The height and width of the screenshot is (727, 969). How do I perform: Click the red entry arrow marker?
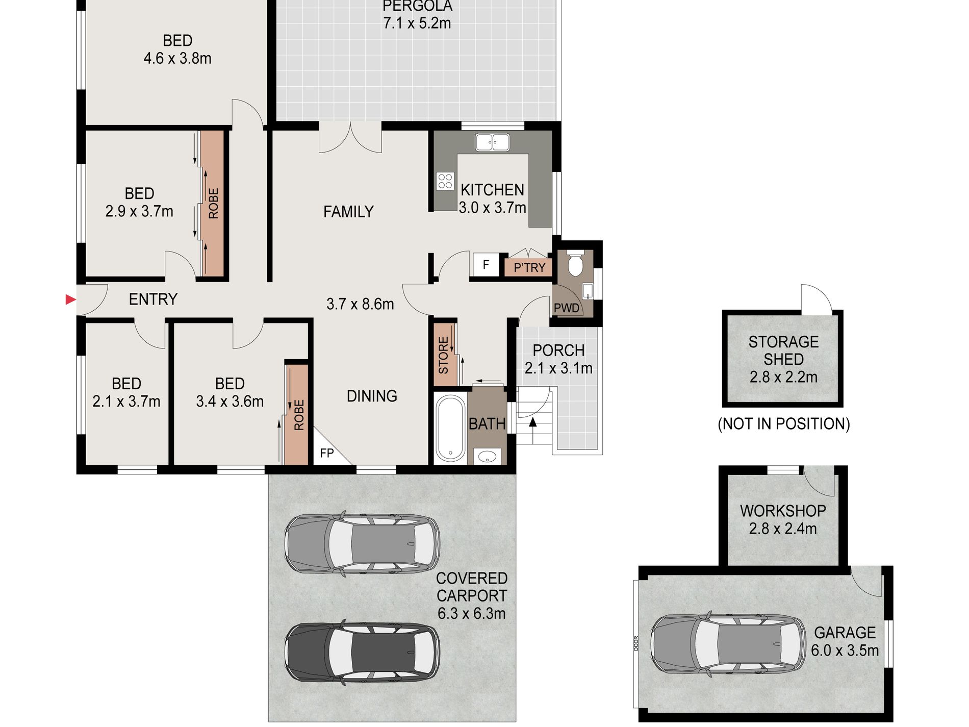(71, 299)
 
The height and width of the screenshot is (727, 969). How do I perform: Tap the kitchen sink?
(492, 142)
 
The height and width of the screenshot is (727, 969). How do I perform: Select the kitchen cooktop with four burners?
(445, 181)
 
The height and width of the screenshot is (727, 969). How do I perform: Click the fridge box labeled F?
(486, 264)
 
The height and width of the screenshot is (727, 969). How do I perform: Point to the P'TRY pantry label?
(529, 267)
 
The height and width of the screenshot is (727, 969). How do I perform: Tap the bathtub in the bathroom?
(449, 428)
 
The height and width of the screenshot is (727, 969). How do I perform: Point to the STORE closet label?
(444, 355)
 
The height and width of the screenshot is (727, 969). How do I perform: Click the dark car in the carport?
(362, 653)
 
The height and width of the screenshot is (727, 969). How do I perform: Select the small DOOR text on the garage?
(636, 643)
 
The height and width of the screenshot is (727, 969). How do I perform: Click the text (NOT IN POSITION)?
(783, 424)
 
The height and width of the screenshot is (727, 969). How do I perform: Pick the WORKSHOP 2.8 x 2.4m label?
(783, 519)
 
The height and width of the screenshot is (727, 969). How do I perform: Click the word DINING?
(372, 396)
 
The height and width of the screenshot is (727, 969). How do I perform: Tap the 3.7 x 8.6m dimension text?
(360, 304)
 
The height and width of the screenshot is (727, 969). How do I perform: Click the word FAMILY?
(348, 211)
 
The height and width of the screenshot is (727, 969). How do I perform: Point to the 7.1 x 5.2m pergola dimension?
(417, 23)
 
